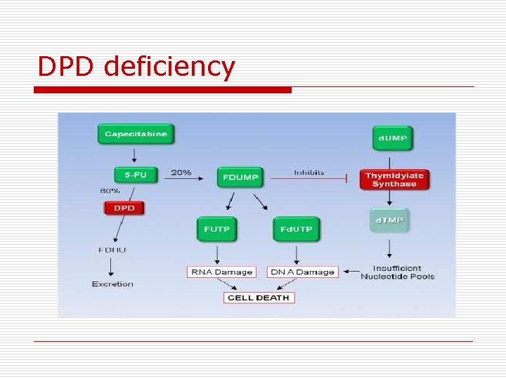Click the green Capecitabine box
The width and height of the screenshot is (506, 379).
point(136,134)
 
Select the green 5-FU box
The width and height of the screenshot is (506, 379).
point(135,175)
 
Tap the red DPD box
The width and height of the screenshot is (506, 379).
point(124,208)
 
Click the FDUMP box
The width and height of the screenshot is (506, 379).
point(239,177)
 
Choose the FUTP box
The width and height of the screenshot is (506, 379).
point(217,230)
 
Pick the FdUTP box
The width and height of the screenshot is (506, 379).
point(296,230)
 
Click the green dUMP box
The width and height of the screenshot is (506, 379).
point(392,138)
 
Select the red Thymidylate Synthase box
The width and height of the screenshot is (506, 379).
point(394,180)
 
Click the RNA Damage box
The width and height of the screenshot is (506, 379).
point(221,272)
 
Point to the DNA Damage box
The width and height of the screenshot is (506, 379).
point(302,272)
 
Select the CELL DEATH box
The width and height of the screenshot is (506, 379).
point(259,298)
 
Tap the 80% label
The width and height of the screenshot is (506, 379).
point(110,190)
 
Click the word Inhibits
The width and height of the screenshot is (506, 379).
point(309,172)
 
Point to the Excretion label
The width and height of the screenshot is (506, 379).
point(112,284)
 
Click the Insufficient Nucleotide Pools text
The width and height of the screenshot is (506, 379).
point(397,272)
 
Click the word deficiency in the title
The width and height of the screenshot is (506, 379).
point(169,67)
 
